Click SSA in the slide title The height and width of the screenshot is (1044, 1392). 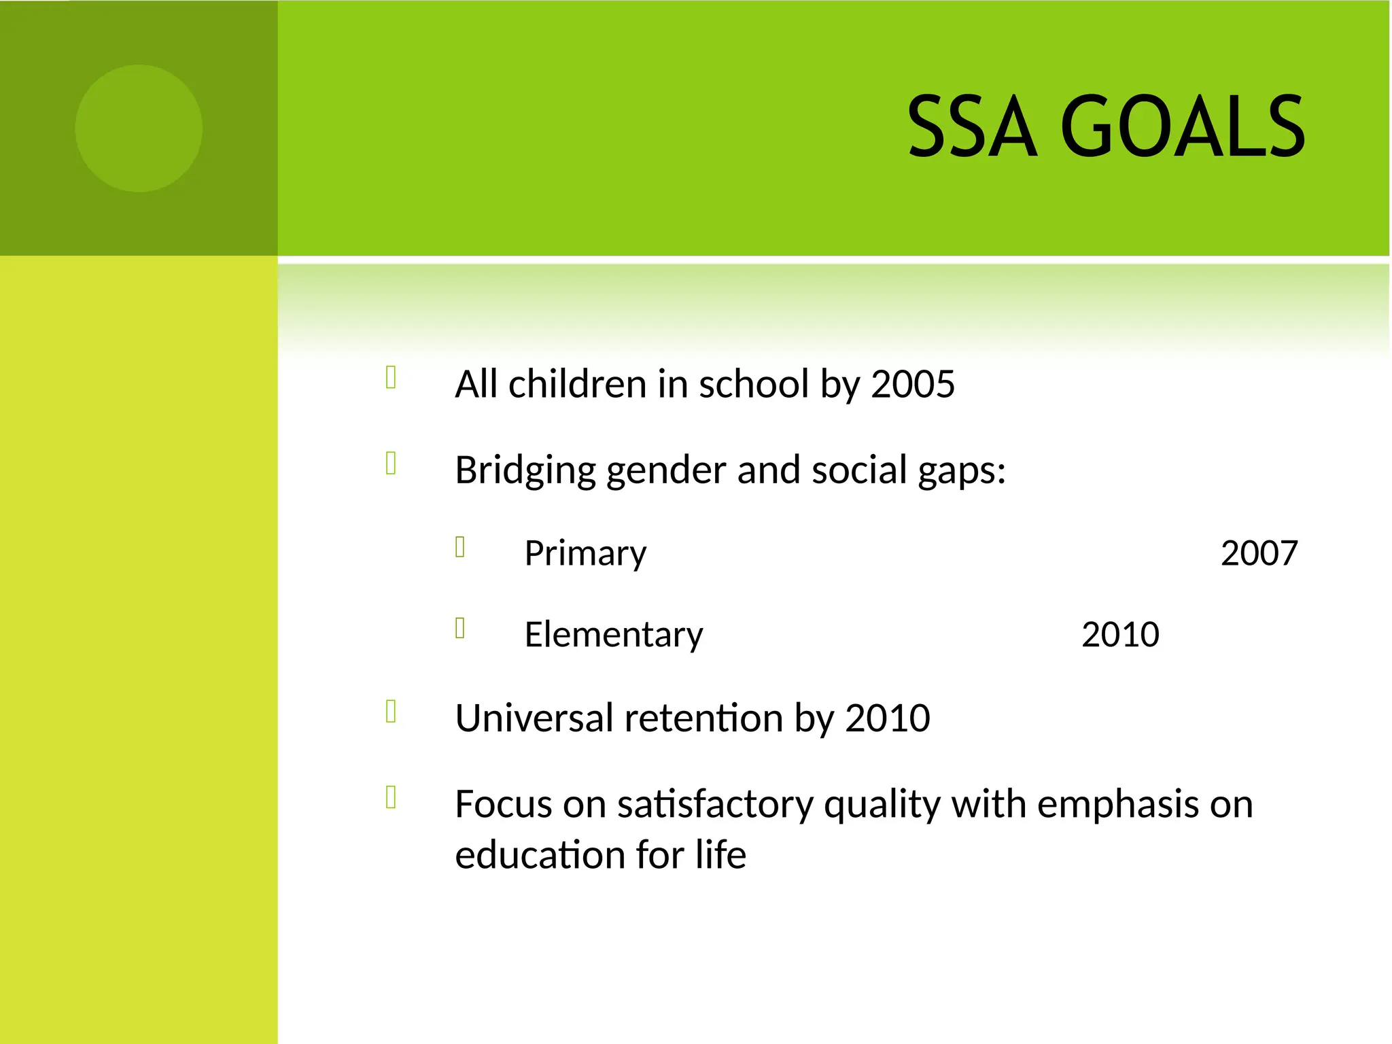972,127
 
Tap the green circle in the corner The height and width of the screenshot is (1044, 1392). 139,128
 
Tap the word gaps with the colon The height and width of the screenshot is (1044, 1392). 961,470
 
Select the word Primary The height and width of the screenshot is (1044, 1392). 585,553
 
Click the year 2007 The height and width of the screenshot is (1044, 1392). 1259,553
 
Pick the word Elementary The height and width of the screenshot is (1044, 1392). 613,635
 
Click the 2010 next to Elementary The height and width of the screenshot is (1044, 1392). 1119,635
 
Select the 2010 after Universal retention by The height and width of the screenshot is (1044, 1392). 887,718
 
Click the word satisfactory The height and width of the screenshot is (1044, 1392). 715,805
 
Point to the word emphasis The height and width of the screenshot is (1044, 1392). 1118,805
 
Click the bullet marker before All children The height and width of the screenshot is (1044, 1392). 391,377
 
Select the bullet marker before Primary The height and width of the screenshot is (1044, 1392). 460,546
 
